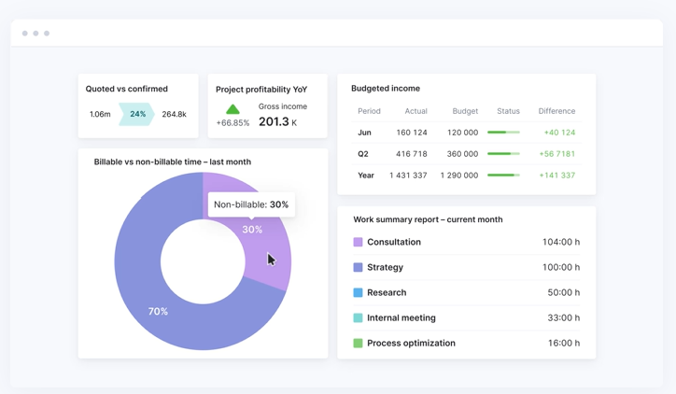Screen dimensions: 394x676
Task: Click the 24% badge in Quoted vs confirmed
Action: coord(137,114)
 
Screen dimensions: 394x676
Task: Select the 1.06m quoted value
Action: coord(100,114)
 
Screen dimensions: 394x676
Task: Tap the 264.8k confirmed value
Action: coord(174,114)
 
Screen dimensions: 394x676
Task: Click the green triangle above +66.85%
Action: coord(232,109)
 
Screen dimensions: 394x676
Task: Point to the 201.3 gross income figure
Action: coord(274,121)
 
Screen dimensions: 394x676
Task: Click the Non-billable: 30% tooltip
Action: coord(251,204)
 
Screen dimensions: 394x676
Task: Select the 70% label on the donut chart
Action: coord(158,311)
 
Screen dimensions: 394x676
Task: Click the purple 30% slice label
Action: coord(252,230)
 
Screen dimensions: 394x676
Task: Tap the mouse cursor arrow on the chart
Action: coord(271,260)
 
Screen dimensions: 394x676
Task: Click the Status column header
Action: coord(508,111)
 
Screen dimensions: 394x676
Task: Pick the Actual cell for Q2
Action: coord(411,154)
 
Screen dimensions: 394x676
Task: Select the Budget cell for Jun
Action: coord(462,133)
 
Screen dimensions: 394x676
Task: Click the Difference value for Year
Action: coord(556,176)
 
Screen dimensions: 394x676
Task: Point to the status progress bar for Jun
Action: coord(503,133)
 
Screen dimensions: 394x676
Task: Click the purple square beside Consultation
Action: coord(358,242)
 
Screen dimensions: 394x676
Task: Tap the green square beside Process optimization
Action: coord(358,343)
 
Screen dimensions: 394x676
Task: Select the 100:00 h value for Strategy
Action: coord(560,267)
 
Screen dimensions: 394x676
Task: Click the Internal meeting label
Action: coord(401,317)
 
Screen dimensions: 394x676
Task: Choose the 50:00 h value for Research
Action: coord(563,292)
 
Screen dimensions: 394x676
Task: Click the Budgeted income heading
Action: coord(386,89)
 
